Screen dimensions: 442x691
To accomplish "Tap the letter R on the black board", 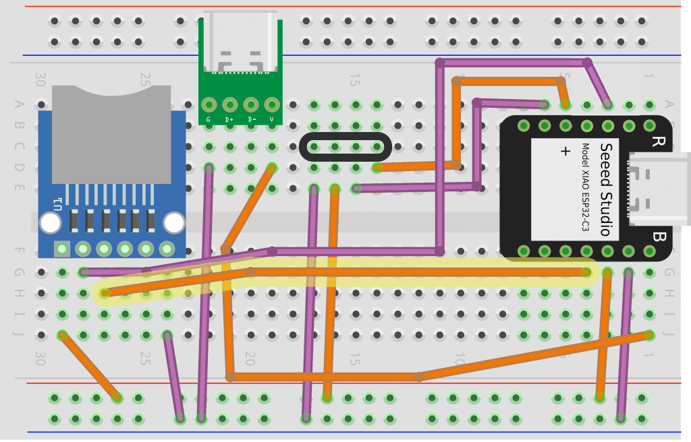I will click(657, 141).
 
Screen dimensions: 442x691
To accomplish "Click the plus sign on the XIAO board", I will click(565, 152).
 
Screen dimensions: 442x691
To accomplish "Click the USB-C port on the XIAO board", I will click(658, 189).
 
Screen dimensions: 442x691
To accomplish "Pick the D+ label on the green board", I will click(229, 120).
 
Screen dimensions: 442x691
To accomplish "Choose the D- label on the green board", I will click(251, 120).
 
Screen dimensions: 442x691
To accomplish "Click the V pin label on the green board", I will click(272, 120).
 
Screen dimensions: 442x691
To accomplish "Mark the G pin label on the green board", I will click(209, 120).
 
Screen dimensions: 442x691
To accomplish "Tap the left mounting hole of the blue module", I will click(50, 222).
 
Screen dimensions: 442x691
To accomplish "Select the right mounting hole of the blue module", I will click(174, 222).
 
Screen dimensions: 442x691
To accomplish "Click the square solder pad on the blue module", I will click(62, 249).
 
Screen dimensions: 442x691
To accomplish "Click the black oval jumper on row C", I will click(345, 147).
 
